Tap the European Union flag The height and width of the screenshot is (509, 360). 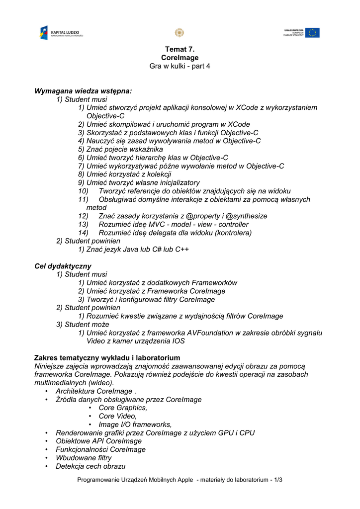tap(312, 33)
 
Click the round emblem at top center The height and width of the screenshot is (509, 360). tap(180, 33)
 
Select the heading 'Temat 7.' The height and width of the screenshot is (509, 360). tap(180, 49)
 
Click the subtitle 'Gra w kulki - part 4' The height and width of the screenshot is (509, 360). tap(180, 66)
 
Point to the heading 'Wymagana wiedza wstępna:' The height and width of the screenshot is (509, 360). tap(83, 91)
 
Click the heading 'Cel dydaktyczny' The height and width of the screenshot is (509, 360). tap(63, 266)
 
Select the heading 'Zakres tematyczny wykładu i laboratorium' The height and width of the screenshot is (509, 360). tap(107, 358)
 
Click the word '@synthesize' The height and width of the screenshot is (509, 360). tap(247, 216)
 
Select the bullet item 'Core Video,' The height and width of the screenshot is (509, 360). tap(117, 416)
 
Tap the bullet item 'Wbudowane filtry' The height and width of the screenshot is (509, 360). tap(84, 458)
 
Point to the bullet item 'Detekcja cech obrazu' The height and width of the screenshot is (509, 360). tap(90, 466)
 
